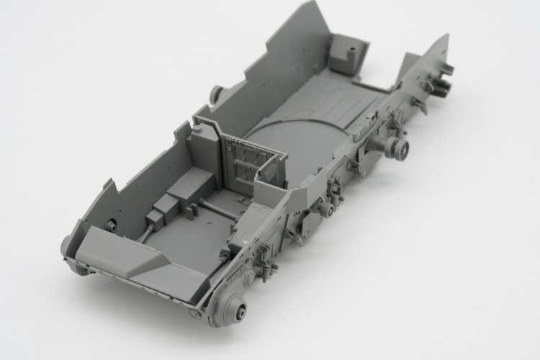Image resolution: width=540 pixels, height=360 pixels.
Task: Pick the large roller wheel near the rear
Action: point(398,147)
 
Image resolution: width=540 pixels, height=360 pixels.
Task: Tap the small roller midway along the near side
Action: point(326,210)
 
